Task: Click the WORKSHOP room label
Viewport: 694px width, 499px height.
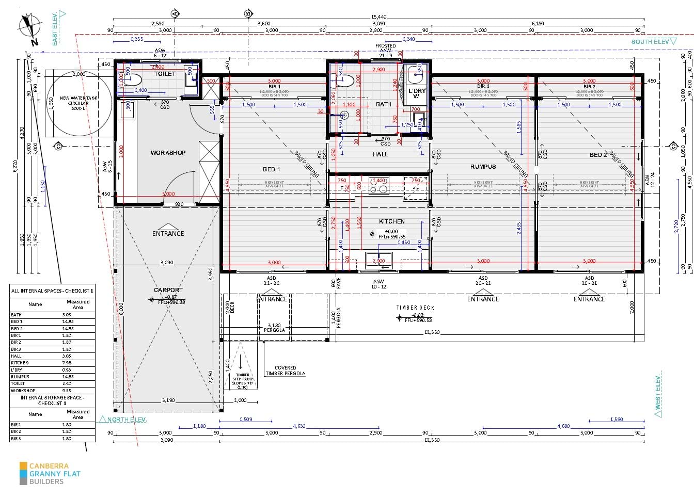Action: coord(168,153)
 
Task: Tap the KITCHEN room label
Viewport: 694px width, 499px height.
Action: coord(392,221)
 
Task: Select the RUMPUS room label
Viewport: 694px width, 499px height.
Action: coord(483,167)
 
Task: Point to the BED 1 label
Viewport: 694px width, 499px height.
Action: coord(272,169)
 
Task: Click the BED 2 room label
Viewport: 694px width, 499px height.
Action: coord(598,155)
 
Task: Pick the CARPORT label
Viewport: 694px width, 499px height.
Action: coord(168,290)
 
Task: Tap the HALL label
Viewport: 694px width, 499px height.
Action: coord(381,154)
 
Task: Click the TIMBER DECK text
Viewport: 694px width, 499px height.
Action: coord(415,308)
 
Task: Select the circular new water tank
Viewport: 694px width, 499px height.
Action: coord(78,103)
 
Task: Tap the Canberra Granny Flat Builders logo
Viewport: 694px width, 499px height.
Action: coord(50,473)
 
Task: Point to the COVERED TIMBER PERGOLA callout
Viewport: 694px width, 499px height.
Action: coord(286,371)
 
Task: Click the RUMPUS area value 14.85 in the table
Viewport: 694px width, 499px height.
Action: coord(68,377)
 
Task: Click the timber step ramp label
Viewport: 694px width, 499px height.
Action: coord(242,381)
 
